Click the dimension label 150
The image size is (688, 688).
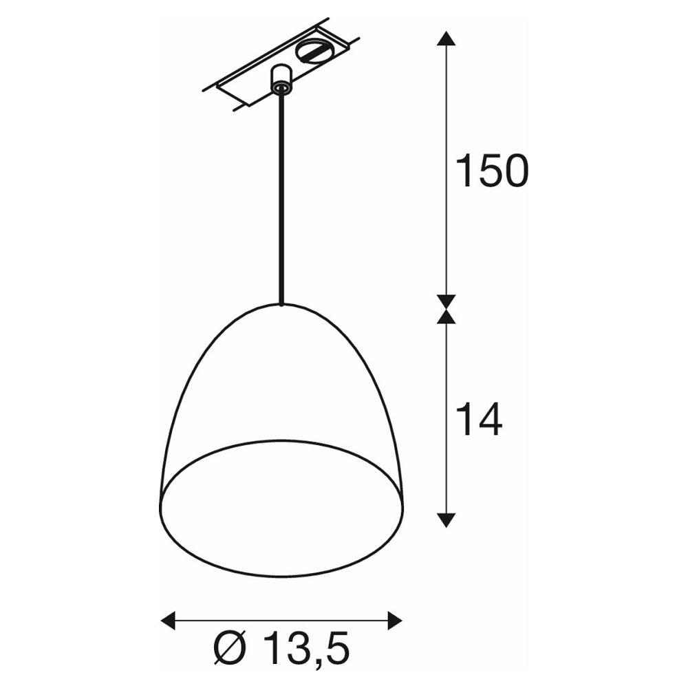click(x=493, y=171)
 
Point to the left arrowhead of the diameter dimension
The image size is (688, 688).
click(x=169, y=621)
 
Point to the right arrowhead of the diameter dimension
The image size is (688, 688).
click(x=394, y=621)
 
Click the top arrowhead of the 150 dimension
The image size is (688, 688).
click(x=447, y=38)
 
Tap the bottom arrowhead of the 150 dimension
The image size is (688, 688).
click(x=447, y=302)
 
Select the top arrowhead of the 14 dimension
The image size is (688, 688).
click(x=447, y=316)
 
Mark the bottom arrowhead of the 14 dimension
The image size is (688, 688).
click(x=447, y=520)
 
